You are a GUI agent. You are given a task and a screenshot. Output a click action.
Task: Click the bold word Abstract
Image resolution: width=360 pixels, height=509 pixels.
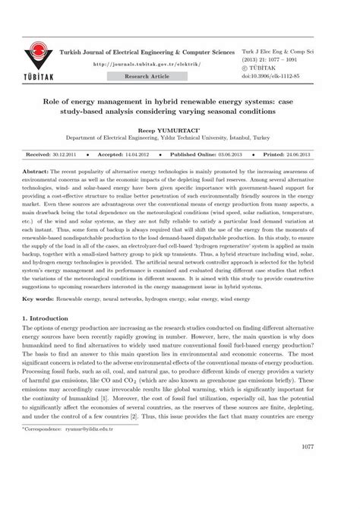coord(39,172)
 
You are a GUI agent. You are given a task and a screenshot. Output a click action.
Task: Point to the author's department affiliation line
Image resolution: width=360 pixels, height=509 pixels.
coord(179,139)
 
